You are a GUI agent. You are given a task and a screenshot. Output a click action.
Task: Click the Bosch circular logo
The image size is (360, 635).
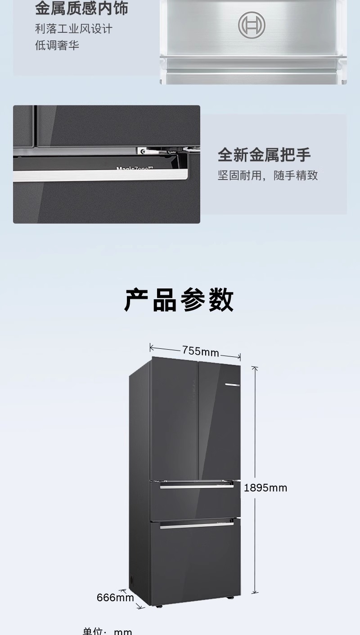click(252, 24)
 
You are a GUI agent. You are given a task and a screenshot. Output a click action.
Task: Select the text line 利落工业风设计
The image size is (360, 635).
click(74, 29)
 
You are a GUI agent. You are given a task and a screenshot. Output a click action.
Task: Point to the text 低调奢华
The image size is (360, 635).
click(57, 45)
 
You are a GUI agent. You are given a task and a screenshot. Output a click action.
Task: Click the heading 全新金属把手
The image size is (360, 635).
click(264, 154)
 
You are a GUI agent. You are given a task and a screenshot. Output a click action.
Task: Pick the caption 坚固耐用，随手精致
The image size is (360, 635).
click(268, 175)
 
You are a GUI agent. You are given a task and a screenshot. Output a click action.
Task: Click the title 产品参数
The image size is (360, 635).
click(179, 300)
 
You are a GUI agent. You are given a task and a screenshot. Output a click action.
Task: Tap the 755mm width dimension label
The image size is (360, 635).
click(200, 351)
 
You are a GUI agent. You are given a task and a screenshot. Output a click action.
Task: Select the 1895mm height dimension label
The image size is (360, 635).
click(265, 488)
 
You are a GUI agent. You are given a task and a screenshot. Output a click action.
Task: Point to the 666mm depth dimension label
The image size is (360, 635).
click(115, 597)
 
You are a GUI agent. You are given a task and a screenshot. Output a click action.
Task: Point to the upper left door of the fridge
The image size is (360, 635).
click(174, 419)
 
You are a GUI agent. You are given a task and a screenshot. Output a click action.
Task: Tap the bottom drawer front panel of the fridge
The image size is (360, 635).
click(196, 563)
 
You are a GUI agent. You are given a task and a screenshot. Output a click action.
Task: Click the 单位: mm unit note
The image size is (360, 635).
click(108, 631)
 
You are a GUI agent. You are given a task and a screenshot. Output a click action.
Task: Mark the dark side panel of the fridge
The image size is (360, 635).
click(139, 486)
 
